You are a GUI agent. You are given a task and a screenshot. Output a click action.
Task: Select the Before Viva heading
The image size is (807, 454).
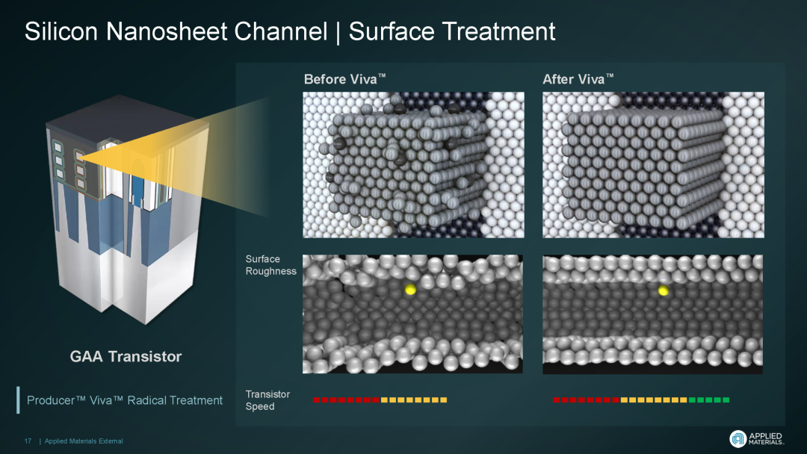[344, 79]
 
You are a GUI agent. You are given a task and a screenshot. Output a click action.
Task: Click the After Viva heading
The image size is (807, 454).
[578, 79]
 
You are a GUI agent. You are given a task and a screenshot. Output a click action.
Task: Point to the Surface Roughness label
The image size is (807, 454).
[270, 265]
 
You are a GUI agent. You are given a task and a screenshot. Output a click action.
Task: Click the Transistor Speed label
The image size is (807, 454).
[268, 400]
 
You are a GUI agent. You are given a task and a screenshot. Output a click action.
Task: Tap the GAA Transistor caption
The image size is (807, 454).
[126, 356]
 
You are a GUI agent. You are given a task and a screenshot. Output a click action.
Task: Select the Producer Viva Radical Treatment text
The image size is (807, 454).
[125, 400]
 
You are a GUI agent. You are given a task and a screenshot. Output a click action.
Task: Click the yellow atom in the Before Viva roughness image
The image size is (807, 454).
[410, 289]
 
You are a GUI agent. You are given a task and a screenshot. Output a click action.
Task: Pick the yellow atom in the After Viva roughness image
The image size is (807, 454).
[664, 291]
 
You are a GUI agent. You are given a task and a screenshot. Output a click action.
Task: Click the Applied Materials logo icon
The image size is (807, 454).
[738, 438]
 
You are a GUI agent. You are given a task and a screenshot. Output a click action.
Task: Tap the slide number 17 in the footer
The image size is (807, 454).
[28, 441]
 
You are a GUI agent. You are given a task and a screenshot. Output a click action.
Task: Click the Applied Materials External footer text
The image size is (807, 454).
[84, 441]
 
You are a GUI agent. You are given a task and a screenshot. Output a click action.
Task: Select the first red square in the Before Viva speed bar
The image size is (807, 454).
[316, 400]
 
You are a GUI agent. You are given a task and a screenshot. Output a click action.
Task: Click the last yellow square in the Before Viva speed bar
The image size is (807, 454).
[444, 400]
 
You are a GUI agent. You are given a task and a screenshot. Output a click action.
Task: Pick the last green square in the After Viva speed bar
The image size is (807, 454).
[726, 400]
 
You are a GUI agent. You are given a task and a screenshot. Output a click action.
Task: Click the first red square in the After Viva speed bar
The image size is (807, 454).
[557, 400]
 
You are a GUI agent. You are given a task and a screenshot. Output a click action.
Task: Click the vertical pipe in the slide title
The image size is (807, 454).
[338, 32]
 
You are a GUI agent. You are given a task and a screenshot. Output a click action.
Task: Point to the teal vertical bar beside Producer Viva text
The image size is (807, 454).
[18, 400]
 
